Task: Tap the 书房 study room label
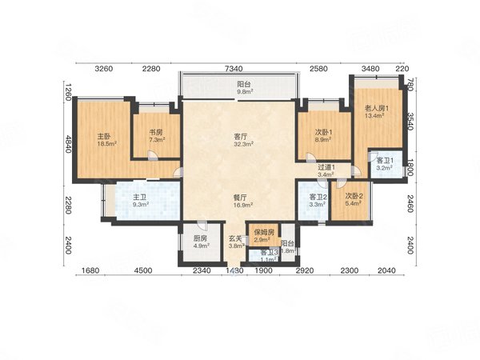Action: click(155, 132)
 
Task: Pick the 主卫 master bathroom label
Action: click(140, 197)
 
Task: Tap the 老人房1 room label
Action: click(376, 107)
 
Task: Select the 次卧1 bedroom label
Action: click(323, 132)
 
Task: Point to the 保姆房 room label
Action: click(265, 232)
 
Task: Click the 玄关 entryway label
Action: click(236, 238)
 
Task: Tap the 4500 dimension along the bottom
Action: click(143, 271)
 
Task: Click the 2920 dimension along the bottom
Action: click(304, 271)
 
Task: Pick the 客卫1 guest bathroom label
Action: click(385, 162)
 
